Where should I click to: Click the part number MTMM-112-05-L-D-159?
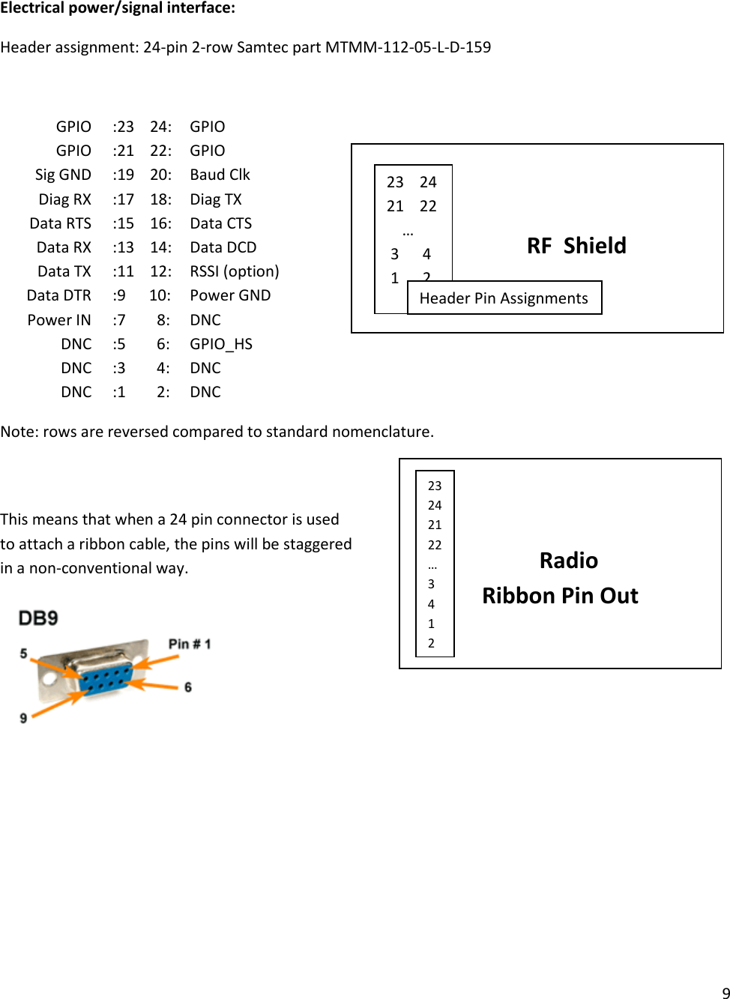click(408, 47)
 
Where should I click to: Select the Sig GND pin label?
click(63, 175)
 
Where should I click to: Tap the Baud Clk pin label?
click(220, 175)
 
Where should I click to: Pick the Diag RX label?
click(65, 199)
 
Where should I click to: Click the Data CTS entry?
click(221, 223)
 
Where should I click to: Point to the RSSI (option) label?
click(235, 271)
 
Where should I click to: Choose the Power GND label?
click(230, 295)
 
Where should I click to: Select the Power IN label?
click(59, 320)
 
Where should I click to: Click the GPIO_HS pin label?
click(221, 344)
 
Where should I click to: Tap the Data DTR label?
click(59, 295)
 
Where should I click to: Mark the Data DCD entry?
click(223, 247)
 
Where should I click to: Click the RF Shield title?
click(576, 246)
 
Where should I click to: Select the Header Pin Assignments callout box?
click(504, 298)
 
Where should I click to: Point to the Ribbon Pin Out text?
click(560, 596)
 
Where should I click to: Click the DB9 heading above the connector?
click(38, 618)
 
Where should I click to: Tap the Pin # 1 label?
click(190, 644)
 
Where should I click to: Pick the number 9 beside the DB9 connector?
click(24, 718)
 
